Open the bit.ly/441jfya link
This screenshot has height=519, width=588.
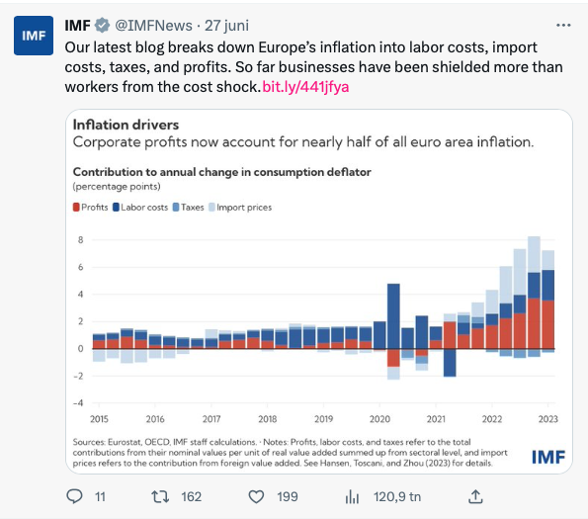[x=306, y=86]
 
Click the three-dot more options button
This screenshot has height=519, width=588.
[x=562, y=25]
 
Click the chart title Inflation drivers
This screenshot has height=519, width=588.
[x=126, y=125]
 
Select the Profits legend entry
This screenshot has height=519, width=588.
[x=91, y=207]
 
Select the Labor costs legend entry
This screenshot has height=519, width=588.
[x=140, y=207]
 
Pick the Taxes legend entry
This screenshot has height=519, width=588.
[x=189, y=207]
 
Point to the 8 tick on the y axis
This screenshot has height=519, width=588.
[x=81, y=240]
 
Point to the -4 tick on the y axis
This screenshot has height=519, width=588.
[x=79, y=402]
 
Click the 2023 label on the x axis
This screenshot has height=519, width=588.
[x=547, y=419]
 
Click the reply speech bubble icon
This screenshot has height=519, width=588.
[x=75, y=496]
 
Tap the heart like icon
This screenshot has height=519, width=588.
[x=256, y=496]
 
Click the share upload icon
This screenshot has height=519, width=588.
[x=475, y=495]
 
